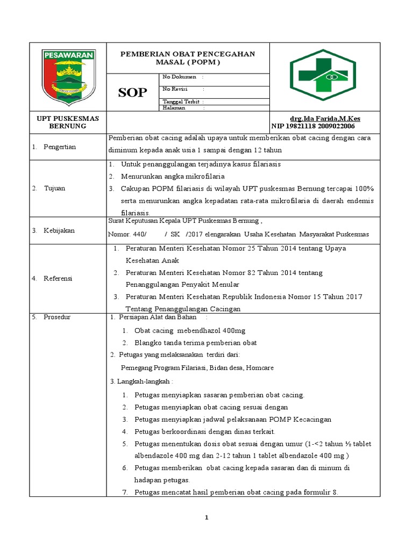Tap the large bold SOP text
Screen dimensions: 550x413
pos(132,92)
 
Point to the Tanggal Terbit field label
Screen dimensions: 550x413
pos(181,102)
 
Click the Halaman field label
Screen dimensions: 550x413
pos(174,108)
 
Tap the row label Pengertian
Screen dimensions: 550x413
pos(60,147)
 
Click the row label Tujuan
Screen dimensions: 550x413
pos(56,188)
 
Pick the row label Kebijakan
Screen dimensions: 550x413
pos(59,230)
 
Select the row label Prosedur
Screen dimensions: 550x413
pos(59,317)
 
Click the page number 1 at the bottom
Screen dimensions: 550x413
pos(206,517)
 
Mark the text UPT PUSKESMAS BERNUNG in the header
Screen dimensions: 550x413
pos(68,122)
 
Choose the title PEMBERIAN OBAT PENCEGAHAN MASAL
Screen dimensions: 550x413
pos(188,58)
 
